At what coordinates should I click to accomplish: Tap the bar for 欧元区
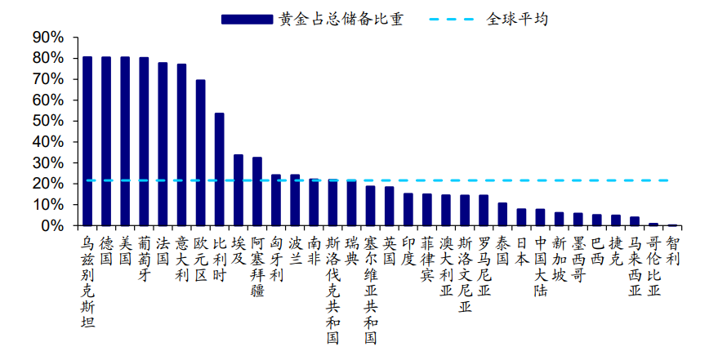point(200,152)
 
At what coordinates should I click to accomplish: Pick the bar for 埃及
point(238,189)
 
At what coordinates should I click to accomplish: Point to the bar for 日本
point(521,217)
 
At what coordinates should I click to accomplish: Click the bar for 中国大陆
point(540,217)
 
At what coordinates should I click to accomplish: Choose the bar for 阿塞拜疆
point(256,191)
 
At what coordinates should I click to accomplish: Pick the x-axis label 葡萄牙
point(144,258)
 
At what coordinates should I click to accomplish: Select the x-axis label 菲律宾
point(427,258)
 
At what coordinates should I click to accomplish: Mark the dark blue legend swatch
point(246,19)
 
